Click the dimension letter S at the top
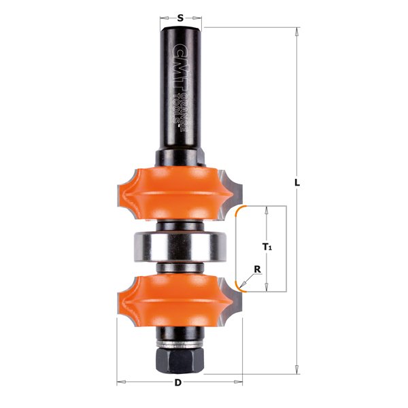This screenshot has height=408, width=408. pyautogui.click(x=180, y=18)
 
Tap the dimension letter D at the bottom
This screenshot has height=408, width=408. pyautogui.click(x=178, y=382)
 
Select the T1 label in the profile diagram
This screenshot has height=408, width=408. pyautogui.click(x=268, y=248)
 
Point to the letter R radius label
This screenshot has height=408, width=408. pyautogui.click(x=257, y=269)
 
